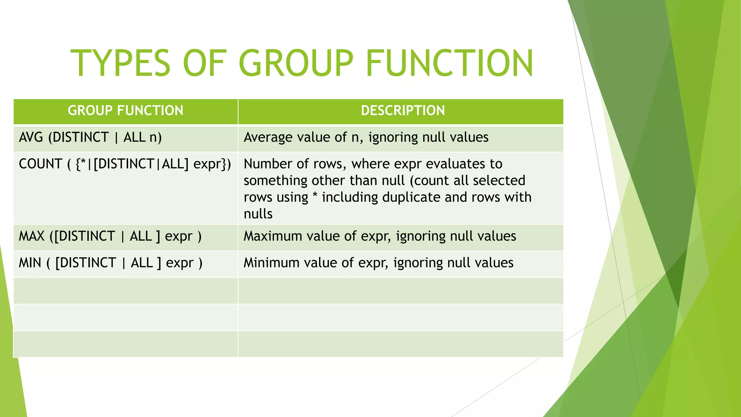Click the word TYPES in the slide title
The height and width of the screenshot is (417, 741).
120,63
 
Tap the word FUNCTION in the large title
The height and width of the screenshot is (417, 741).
449,63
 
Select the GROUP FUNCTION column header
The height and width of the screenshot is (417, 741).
126,111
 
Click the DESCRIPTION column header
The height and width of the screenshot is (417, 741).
403,111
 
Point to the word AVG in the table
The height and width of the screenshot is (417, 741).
31,138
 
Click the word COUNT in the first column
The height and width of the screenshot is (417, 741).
41,164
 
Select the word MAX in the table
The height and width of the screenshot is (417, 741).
31,236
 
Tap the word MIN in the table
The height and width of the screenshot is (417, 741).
30,263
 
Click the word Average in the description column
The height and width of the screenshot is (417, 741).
268,138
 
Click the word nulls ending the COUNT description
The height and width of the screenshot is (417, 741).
258,214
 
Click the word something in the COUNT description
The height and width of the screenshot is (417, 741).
275,181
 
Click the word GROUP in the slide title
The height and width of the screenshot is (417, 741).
296,63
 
